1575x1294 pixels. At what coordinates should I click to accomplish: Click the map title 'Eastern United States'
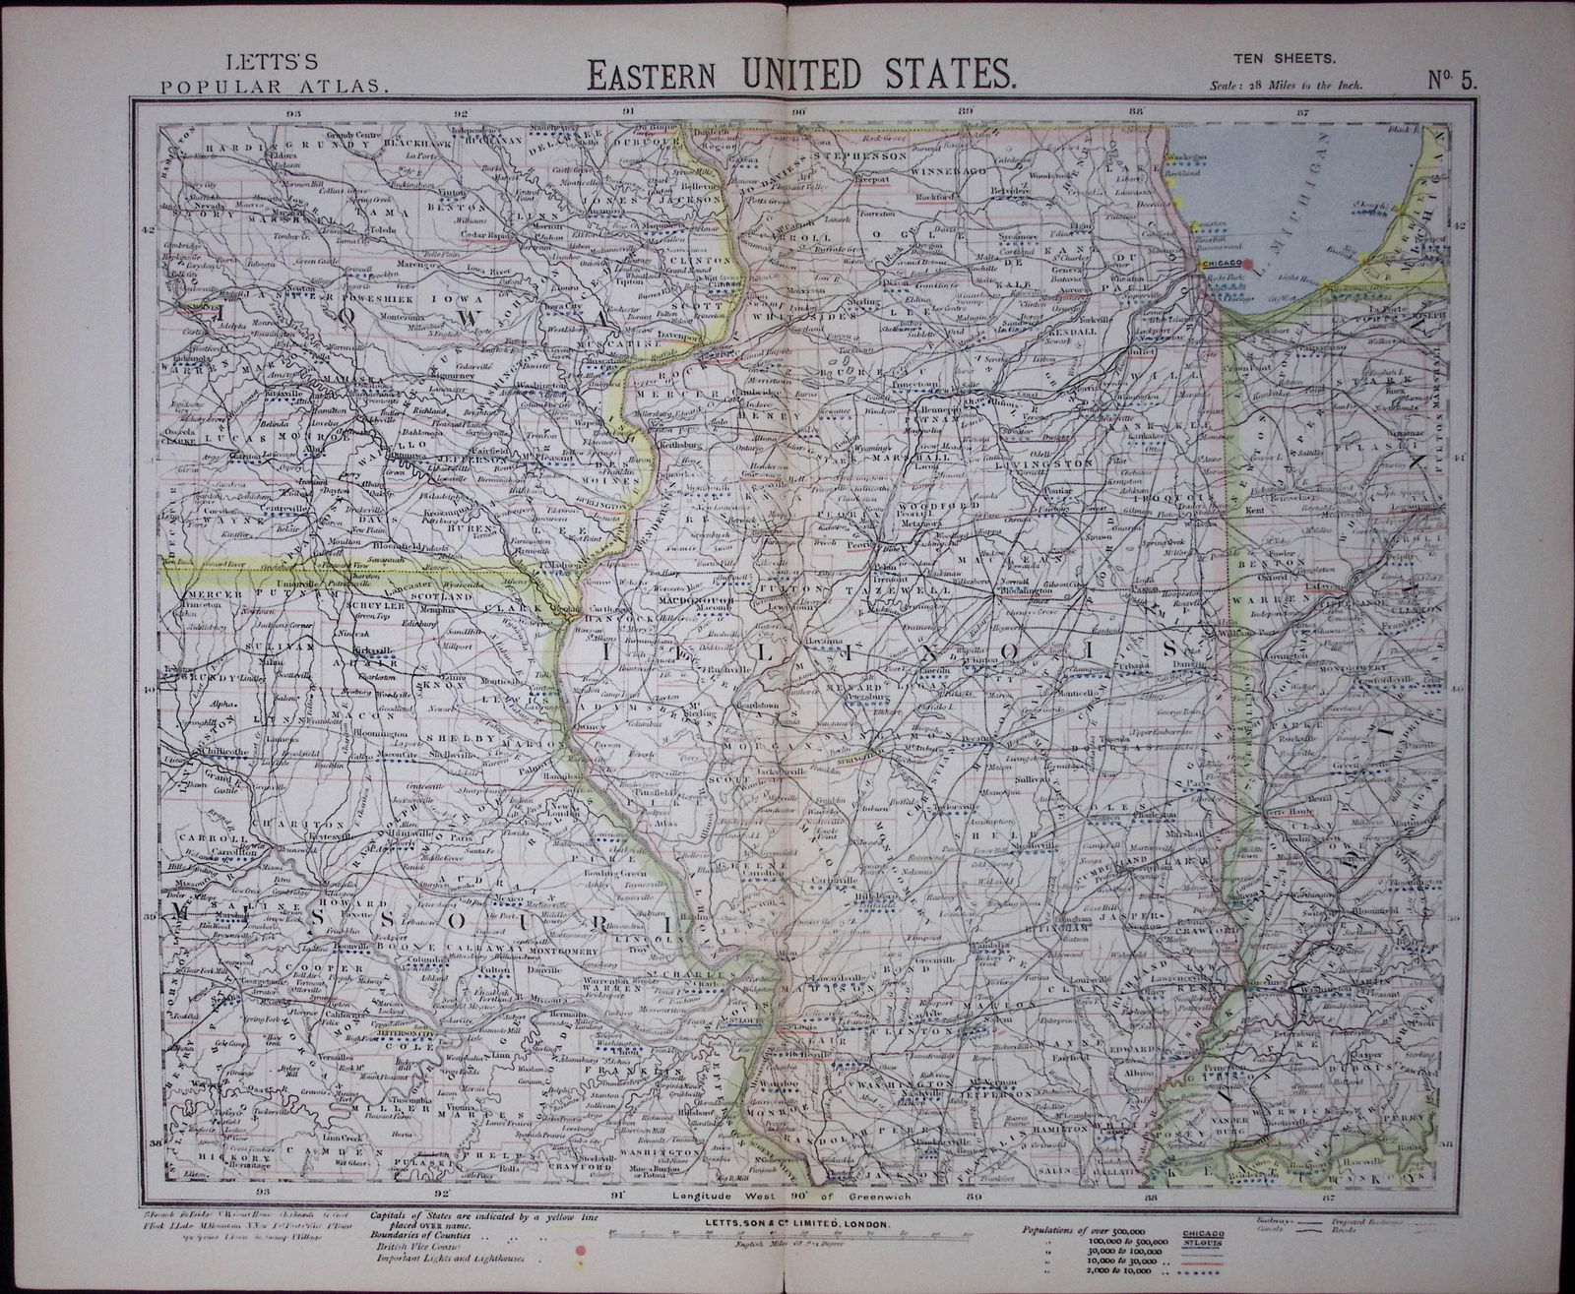pos(799,74)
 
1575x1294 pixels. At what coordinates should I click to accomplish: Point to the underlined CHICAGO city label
pos(1219,264)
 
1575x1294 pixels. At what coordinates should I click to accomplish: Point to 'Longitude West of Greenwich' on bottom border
pos(799,1196)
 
